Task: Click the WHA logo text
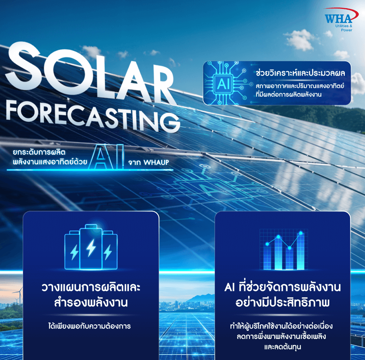coord(338,19)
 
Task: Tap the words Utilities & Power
coord(344,28)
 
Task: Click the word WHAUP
coord(156,162)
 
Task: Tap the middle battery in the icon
coord(91,247)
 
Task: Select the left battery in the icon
coord(72,250)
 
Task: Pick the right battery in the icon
coord(109,250)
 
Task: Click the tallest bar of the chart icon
coord(301,251)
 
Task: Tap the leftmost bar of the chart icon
coord(267,257)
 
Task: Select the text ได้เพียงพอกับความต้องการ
coord(90,326)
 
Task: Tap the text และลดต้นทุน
coord(283,347)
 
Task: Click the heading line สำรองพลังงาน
coord(91,302)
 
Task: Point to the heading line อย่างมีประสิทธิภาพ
coord(282,302)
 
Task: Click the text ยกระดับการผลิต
coord(39,152)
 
